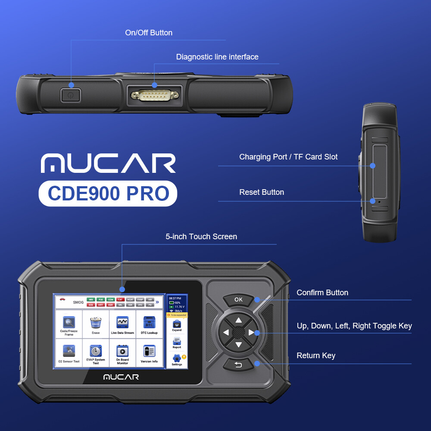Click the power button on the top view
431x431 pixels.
pyautogui.click(x=71, y=95)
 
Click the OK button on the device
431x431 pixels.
pyautogui.click(x=238, y=300)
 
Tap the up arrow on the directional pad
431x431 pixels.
pyautogui.click(x=238, y=320)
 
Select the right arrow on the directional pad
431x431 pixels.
pyautogui.click(x=252, y=332)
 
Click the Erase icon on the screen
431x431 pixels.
pyautogui.click(x=96, y=324)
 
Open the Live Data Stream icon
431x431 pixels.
pyautogui.click(x=122, y=324)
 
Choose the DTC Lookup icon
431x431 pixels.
pyautogui.click(x=149, y=324)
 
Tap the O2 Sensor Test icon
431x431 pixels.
pyautogui.click(x=69, y=352)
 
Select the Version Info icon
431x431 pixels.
pyautogui.click(x=149, y=352)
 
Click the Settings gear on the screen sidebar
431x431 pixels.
pyautogui.click(x=177, y=359)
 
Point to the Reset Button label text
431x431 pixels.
pyautogui.click(x=262, y=192)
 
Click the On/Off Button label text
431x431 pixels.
pyautogui.click(x=149, y=33)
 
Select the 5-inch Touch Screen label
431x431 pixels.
pyautogui.click(x=201, y=237)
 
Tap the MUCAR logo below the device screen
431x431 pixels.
pyautogui.click(x=121, y=377)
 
